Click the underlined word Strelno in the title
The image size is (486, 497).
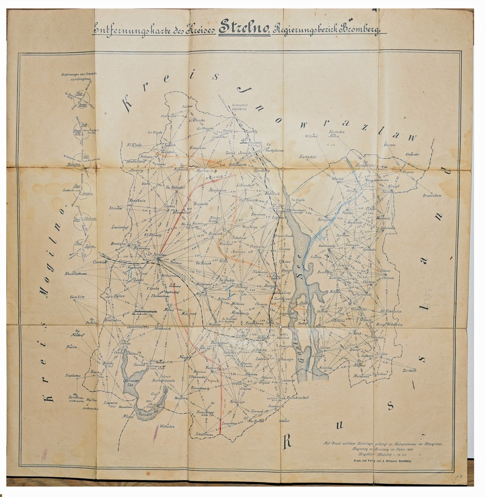coord(244,28)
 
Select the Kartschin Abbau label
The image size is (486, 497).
coord(337,134)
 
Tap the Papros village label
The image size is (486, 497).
coord(407,171)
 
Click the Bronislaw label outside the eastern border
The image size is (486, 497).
coord(432,196)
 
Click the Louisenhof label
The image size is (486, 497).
coord(119,227)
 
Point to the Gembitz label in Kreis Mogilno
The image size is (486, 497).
coord(77,297)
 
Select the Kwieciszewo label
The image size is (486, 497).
coord(75,274)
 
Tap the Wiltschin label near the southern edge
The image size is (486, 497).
coord(167,426)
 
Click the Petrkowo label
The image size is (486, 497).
coord(409,370)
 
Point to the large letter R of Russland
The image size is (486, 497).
coord(287,441)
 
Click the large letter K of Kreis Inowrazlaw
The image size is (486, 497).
coord(127,103)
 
